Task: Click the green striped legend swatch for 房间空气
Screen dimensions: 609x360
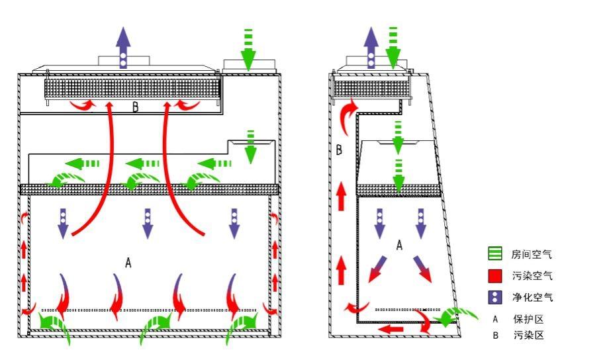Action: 495,253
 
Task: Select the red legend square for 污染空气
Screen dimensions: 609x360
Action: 495,275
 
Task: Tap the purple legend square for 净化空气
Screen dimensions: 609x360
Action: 495,297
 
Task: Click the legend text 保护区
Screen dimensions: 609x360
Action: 528,319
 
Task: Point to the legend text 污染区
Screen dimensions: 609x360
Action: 528,335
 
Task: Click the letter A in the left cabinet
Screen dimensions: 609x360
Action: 128,263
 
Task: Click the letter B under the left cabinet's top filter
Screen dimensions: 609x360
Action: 136,107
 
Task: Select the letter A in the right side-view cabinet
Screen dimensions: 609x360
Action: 399,245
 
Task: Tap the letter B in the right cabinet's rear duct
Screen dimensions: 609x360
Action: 339,150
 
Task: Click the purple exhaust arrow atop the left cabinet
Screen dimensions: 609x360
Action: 123,48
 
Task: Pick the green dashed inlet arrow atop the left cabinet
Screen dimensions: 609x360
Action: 248,50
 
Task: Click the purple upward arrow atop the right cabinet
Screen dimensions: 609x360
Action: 371,48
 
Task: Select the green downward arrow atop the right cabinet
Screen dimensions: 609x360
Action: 393,48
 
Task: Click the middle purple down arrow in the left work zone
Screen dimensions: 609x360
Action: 148,224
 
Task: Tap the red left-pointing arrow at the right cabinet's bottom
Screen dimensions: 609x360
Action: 391,330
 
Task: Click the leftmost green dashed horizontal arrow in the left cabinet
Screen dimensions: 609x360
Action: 82,163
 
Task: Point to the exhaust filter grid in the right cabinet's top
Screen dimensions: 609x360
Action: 372,89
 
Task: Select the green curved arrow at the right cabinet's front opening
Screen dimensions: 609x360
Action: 455,316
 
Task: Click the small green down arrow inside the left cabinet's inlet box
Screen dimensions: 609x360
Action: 250,146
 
